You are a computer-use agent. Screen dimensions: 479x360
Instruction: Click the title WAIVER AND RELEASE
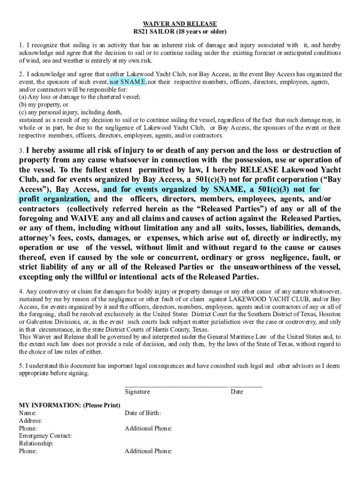[x=180, y=24]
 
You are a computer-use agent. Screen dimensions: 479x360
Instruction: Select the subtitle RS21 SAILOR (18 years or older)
[x=180, y=32]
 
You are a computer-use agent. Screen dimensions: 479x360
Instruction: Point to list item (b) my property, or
[x=43, y=105]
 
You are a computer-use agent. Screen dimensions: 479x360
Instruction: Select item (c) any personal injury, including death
[x=70, y=112]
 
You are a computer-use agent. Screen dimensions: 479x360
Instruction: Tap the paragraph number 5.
[x=21, y=366]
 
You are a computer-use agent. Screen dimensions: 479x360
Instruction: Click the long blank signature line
[x=176, y=386]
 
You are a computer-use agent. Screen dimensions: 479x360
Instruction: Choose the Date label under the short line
[x=237, y=392]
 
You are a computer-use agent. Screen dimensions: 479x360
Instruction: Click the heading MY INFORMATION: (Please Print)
[x=69, y=405]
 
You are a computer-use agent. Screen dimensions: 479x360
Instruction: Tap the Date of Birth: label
[x=143, y=413]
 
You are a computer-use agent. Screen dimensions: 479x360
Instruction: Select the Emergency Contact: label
[x=45, y=436]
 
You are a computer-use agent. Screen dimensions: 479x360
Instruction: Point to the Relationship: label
[x=36, y=443]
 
